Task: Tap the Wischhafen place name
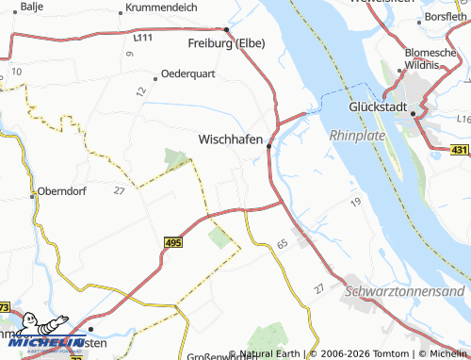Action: pos(231,139)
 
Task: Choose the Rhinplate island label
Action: pos(359,136)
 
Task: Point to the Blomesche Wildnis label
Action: pos(434,58)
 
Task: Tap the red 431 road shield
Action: pos(459,149)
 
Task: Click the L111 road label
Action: pos(143,39)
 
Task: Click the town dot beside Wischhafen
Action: pos(269,146)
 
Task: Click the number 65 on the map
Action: pos(282,244)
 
